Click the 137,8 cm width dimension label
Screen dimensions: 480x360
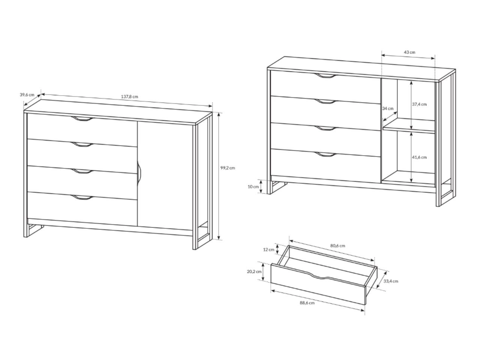coord(129,97)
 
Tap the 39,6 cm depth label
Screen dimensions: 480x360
coord(27,94)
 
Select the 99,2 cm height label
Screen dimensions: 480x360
coord(228,168)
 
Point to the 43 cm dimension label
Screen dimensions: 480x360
coord(409,52)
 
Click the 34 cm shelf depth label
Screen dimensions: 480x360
coord(388,108)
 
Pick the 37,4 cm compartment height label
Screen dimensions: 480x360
coord(419,104)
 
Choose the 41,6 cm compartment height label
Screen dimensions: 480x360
coord(419,157)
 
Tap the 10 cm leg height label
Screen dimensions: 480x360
coord(253,187)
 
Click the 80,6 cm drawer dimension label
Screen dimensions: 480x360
coord(337,246)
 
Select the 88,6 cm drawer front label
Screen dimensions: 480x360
coord(307,303)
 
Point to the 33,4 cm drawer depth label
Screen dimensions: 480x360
coord(391,281)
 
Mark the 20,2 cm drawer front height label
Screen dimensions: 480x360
coord(254,272)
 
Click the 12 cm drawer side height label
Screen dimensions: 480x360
coord(268,250)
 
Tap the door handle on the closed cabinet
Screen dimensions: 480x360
coord(139,173)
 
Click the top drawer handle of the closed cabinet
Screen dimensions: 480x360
coord(82,119)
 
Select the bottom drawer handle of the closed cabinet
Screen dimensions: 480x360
coord(82,198)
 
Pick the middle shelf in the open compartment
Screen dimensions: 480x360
coord(409,126)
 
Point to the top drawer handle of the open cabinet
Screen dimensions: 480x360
coord(327,76)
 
